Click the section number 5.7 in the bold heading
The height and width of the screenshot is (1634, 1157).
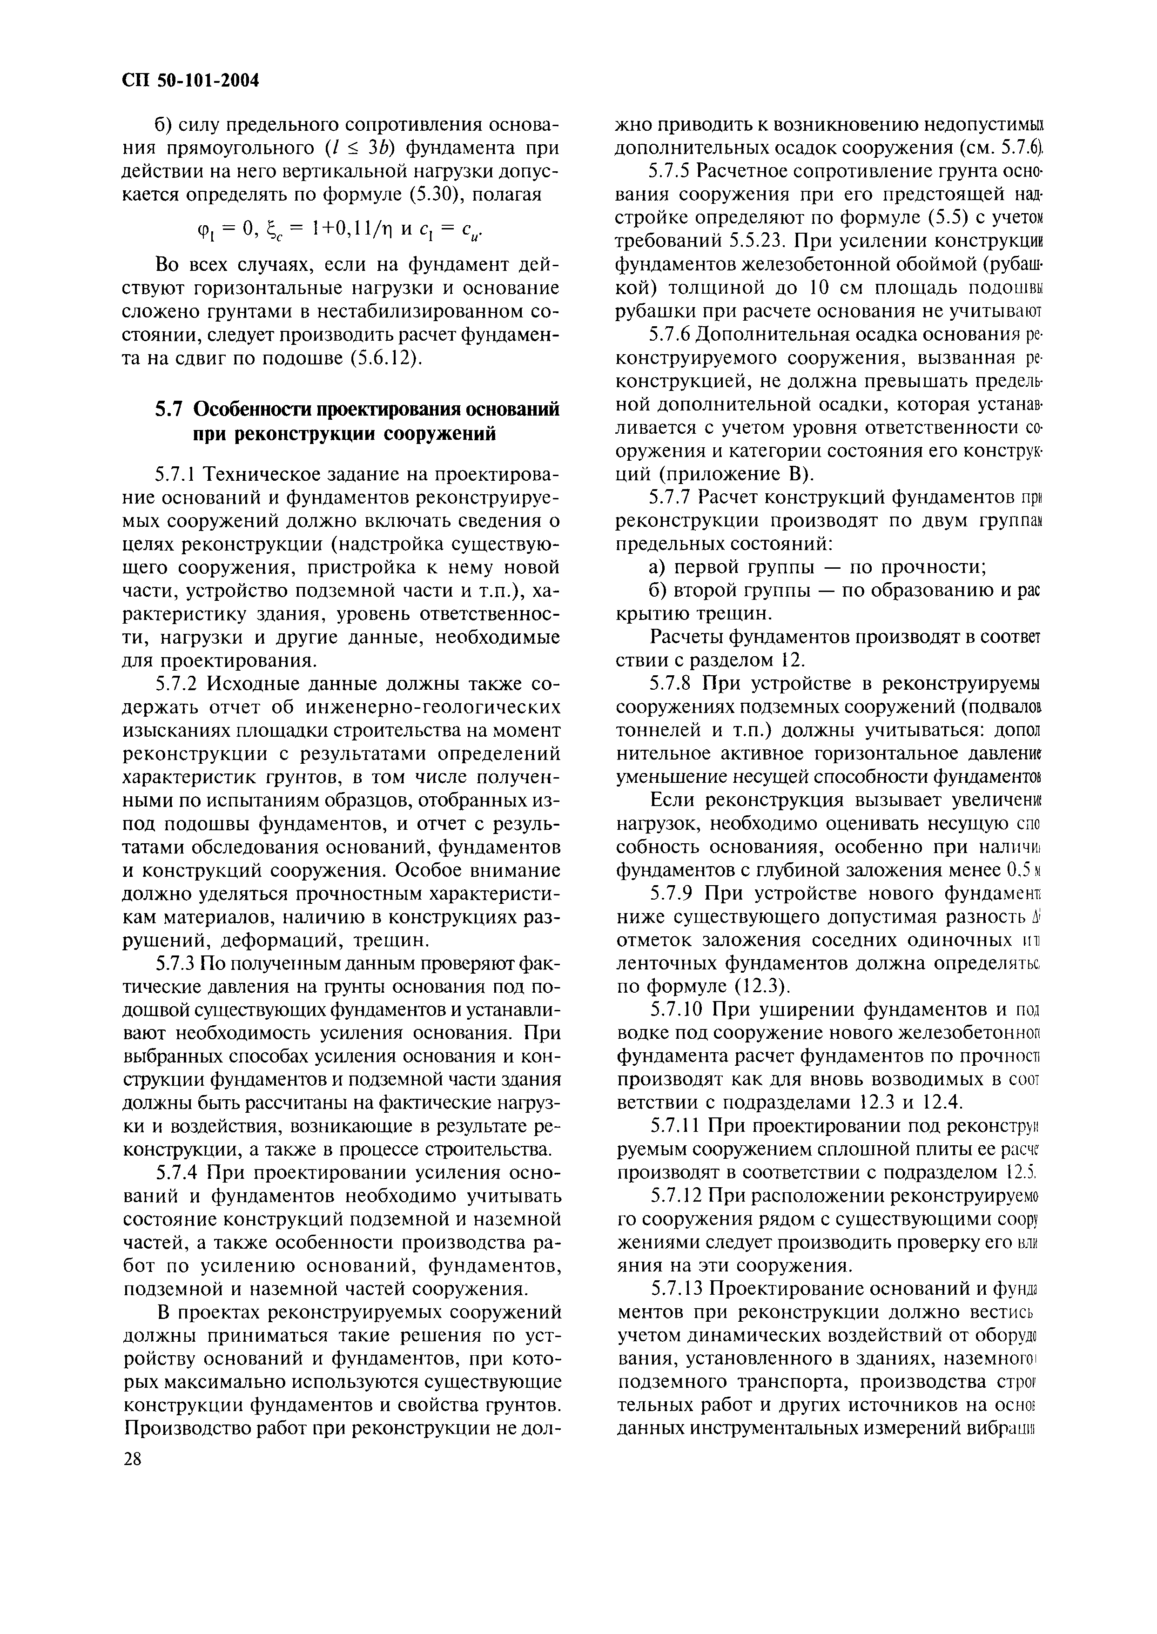170,410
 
